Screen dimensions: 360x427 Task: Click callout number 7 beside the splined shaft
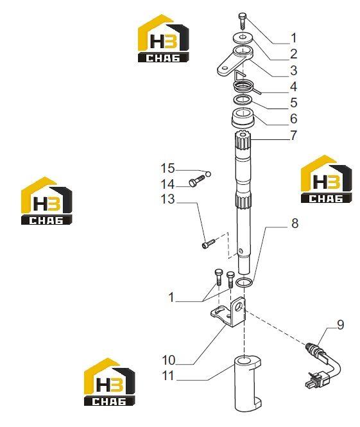tap(293, 135)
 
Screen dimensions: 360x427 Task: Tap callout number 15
tap(167, 168)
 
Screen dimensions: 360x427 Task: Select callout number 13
tap(167, 199)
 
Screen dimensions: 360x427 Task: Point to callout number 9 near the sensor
tap(340, 325)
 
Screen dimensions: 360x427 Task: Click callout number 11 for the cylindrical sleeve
tap(168, 376)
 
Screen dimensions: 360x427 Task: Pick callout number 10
tap(169, 360)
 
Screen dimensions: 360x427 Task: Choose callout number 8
tap(295, 223)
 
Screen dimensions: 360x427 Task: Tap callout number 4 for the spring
tap(293, 87)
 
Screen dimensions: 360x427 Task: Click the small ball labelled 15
tap(209, 174)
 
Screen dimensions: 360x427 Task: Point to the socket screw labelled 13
tap(209, 243)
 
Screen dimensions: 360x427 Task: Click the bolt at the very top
tap(243, 21)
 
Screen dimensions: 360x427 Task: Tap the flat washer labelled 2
tap(243, 38)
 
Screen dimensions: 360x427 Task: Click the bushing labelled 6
tap(243, 118)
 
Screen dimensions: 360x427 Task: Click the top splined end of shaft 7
tap(243, 143)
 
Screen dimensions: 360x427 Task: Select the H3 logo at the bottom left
tap(109, 382)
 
